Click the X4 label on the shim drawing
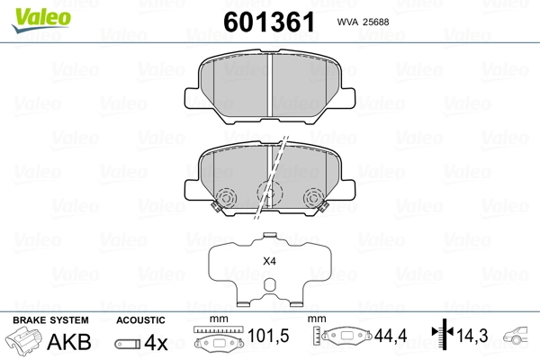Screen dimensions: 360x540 (x=268, y=261)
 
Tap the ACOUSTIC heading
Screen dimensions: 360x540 (x=140, y=320)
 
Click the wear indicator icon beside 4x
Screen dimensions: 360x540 (x=129, y=344)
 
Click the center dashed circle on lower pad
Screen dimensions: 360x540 (x=268, y=192)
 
